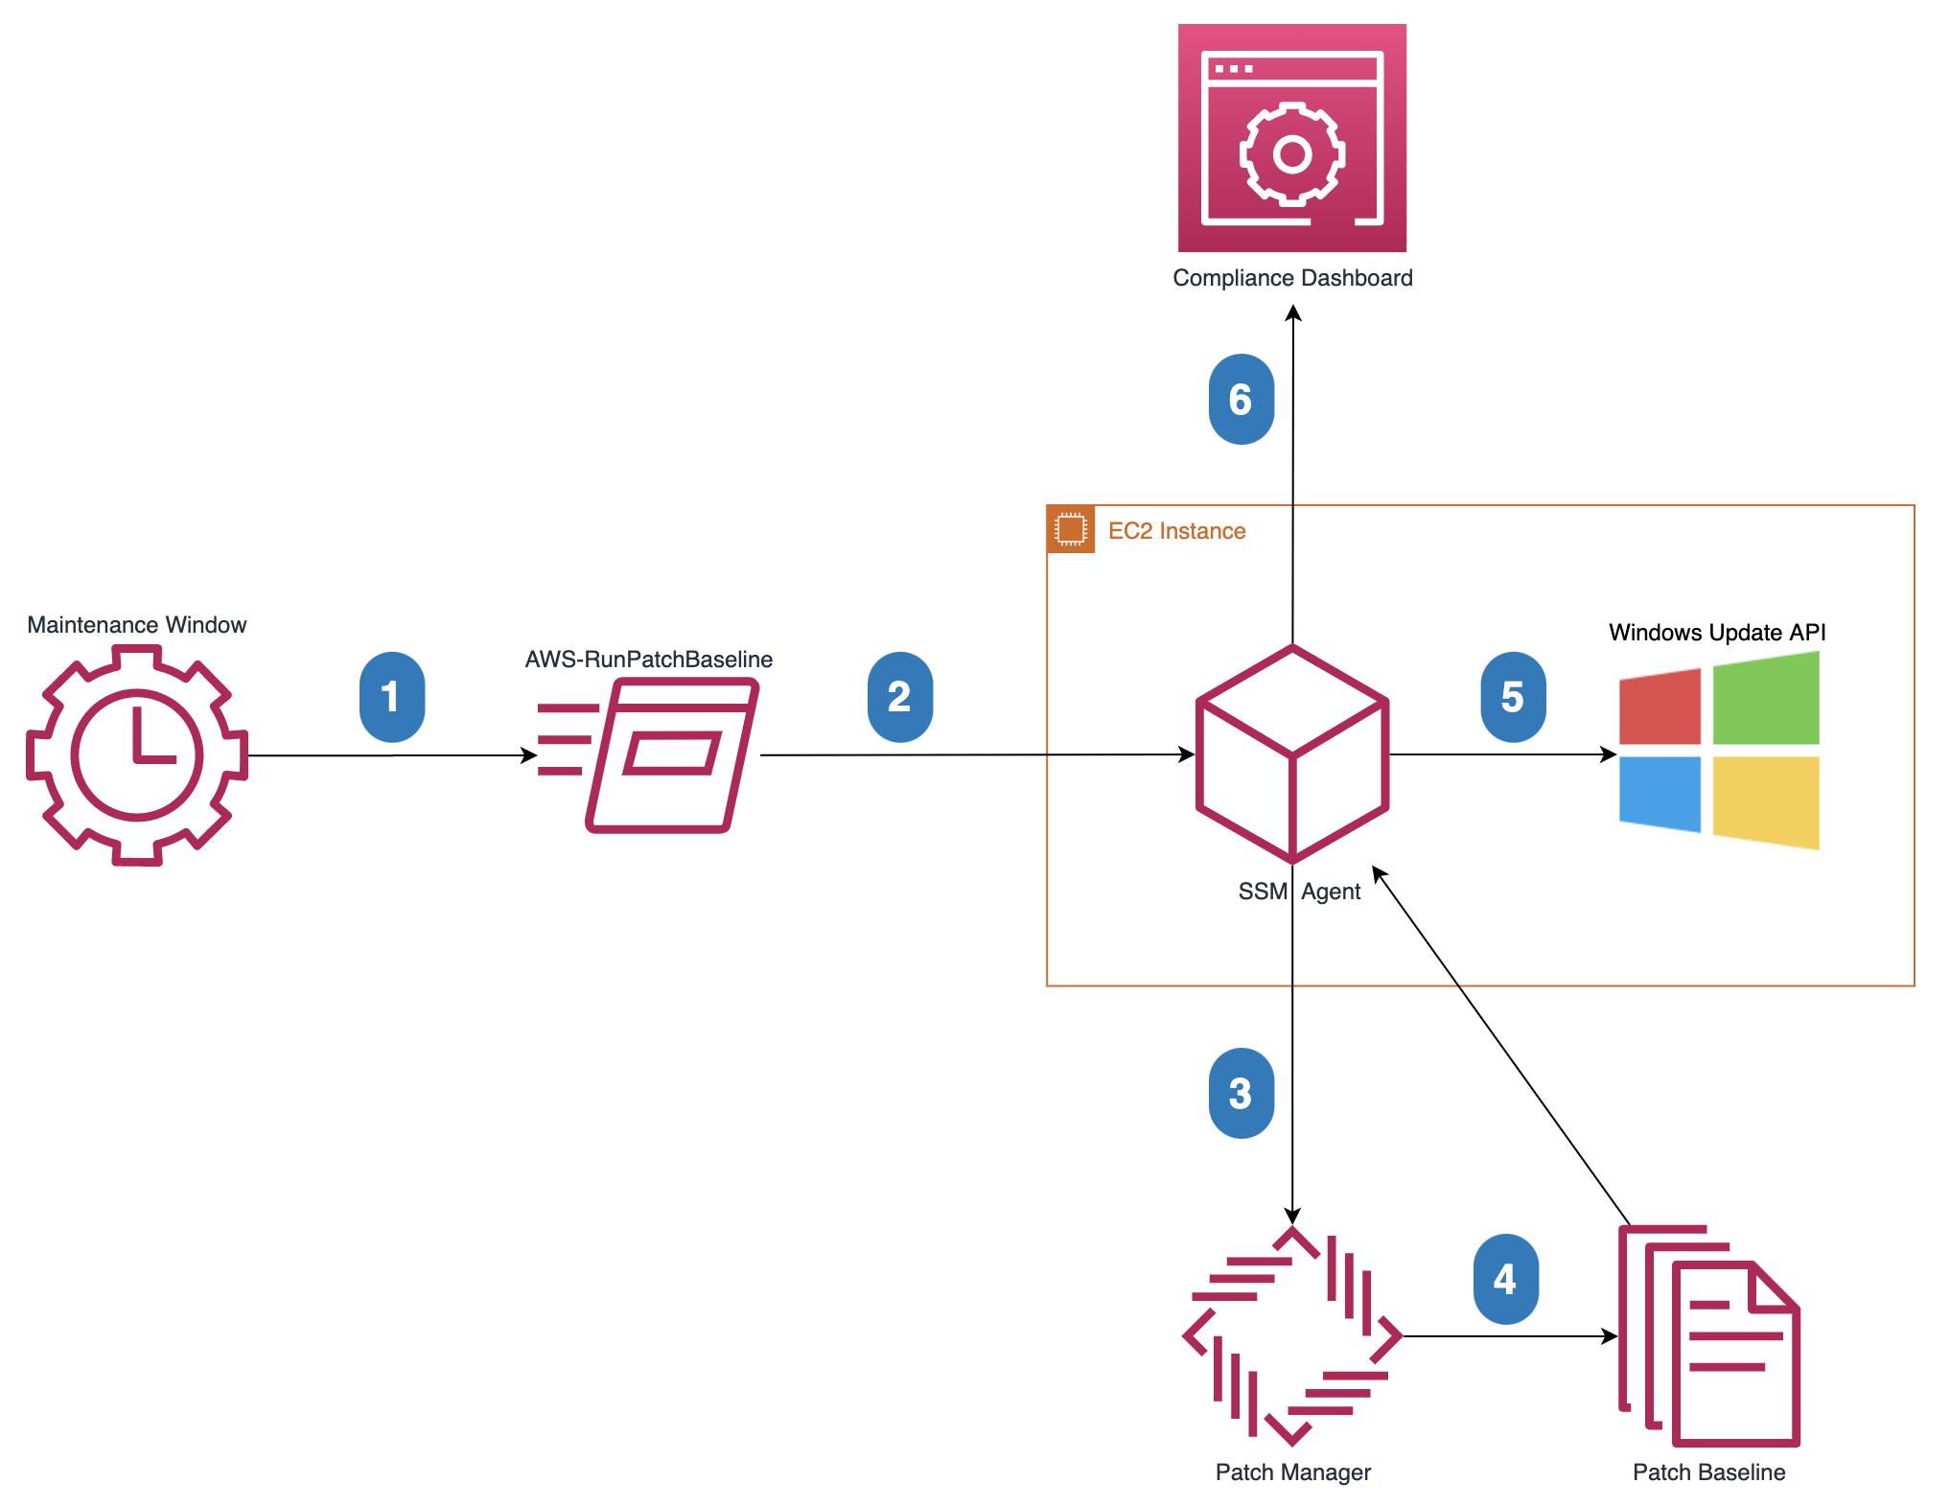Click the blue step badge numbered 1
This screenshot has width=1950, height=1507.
pos(391,697)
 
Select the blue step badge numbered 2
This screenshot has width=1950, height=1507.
pos(899,697)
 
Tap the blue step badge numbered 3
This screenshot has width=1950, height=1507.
pos(1241,1093)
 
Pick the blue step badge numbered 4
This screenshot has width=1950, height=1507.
pos(1505,1279)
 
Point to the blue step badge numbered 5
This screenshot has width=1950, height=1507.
pos(1513,697)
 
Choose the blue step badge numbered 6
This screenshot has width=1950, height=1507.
pos(1241,399)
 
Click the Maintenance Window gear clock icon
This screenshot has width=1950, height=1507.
pos(137,755)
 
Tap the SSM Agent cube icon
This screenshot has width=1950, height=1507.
pos(1292,754)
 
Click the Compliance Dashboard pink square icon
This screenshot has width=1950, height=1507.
pos(1291,138)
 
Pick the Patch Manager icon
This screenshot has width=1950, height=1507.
pos(1292,1335)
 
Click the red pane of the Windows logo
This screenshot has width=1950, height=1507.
pos(1660,707)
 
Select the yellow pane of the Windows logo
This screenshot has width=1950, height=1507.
pos(1765,801)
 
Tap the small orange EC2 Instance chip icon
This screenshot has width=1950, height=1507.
pos(1070,529)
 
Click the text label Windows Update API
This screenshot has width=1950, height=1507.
pos(1716,633)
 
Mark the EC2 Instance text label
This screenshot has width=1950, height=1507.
pos(1176,531)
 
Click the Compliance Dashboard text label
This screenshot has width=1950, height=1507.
pos(1291,278)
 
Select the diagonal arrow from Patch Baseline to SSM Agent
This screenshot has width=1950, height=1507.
pos(1500,1045)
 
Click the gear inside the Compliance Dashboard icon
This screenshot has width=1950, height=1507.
pos(1291,153)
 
